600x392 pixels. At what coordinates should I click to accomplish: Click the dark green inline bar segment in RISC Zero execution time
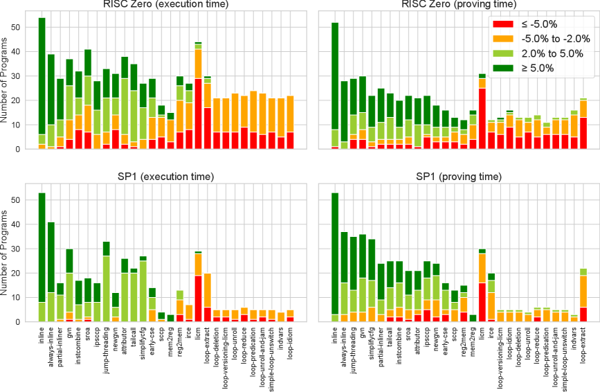click(42, 76)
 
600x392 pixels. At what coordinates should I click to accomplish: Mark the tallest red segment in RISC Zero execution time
click(198, 114)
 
